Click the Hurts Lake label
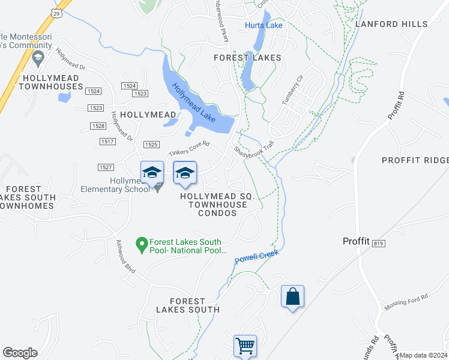pyautogui.click(x=264, y=25)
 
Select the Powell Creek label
pyautogui.click(x=256, y=257)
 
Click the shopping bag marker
pyautogui.click(x=292, y=296)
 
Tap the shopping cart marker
pyautogui.click(x=245, y=346)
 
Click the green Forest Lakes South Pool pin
pyautogui.click(x=142, y=243)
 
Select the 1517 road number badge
pyautogui.click(x=108, y=141)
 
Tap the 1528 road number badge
pyautogui.click(x=100, y=126)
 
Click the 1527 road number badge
pyautogui.click(x=106, y=167)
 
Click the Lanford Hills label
pyautogui.click(x=391, y=24)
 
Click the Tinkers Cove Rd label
pyautogui.click(x=188, y=149)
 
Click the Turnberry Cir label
pyautogui.click(x=292, y=91)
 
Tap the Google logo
pyautogui.click(x=20, y=353)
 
